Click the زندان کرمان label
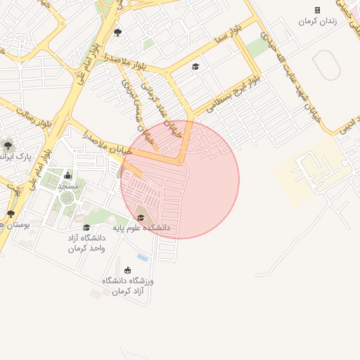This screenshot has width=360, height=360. point(317,22)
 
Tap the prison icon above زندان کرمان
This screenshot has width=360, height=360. point(317,10)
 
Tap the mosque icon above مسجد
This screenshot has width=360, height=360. point(67,175)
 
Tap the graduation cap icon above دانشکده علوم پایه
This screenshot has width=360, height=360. point(141,217)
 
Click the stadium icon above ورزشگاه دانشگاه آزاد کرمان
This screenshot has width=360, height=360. point(127,270)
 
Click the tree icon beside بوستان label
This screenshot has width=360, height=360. point(11,214)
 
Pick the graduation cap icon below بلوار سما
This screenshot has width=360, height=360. point(195,67)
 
